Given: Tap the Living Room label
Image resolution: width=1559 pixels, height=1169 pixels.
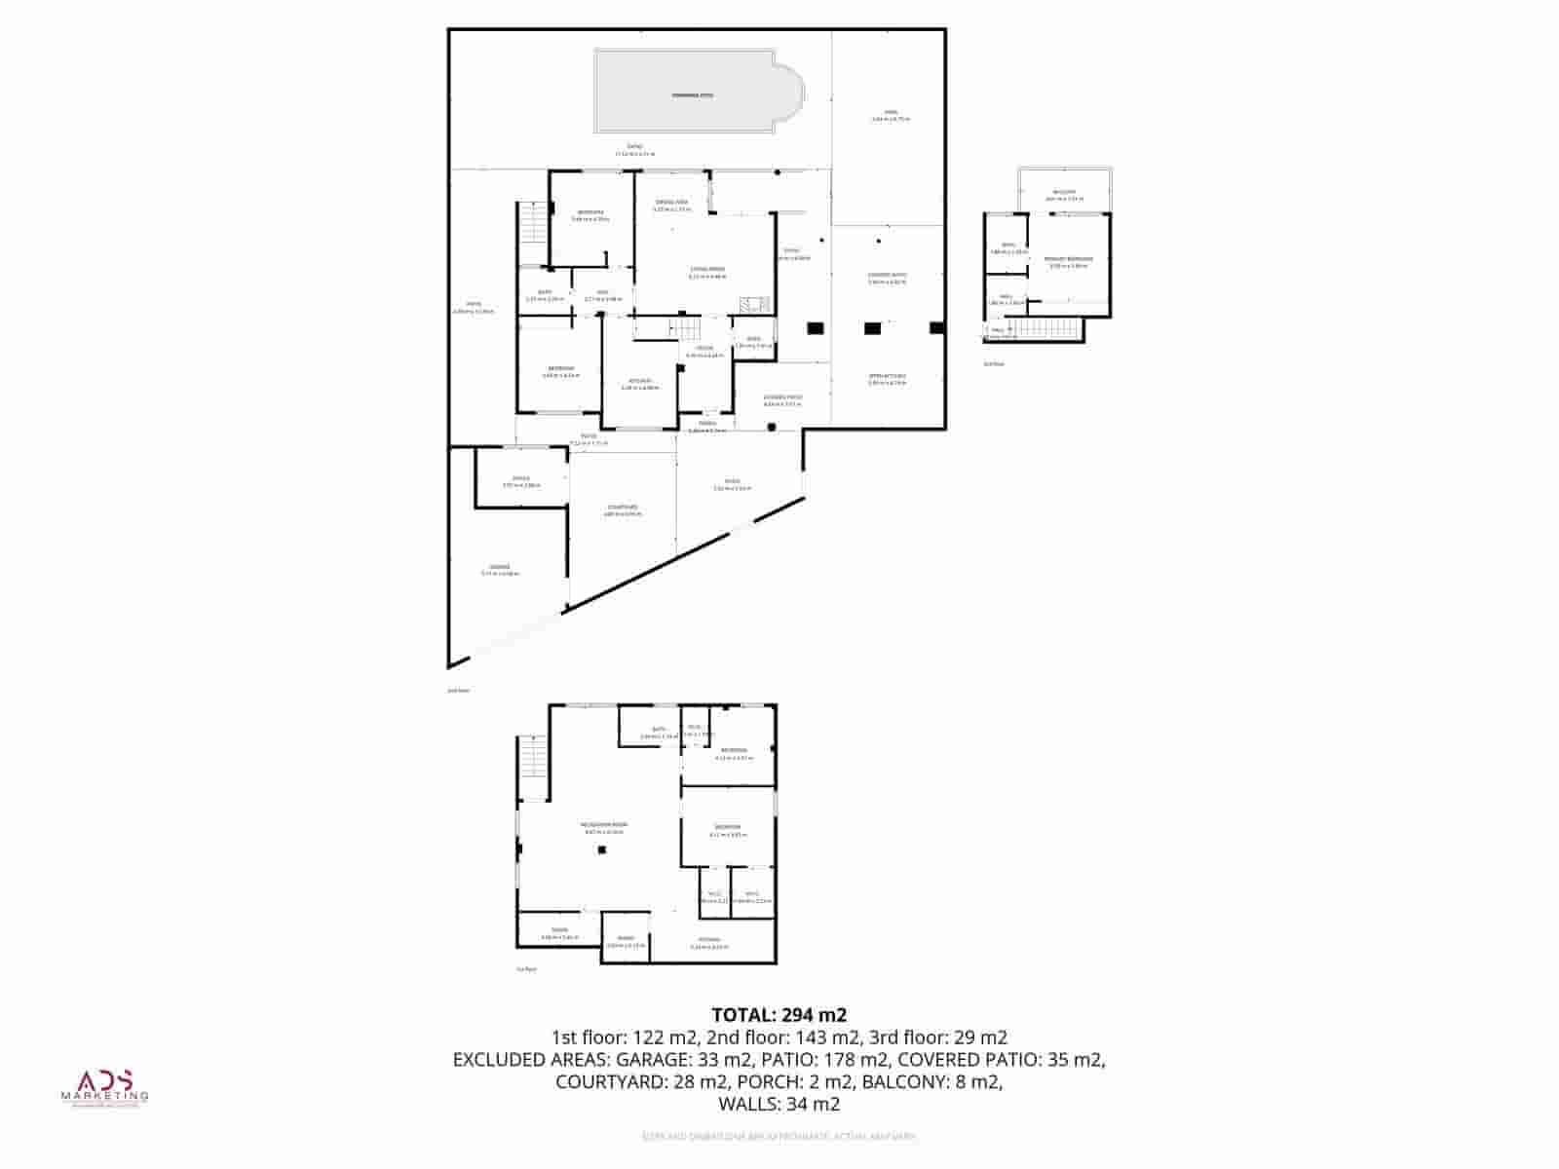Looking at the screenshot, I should point(707,271).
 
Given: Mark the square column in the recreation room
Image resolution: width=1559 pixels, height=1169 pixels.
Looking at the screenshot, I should point(603,850).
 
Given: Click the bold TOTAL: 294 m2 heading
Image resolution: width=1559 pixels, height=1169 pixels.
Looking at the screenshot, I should point(779,1015).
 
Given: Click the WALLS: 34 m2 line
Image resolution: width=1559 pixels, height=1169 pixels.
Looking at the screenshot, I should point(779,1105).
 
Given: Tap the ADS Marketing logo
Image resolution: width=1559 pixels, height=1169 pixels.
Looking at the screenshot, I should point(105,1087).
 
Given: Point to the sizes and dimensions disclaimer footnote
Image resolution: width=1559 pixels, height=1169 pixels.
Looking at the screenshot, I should point(779,1137).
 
